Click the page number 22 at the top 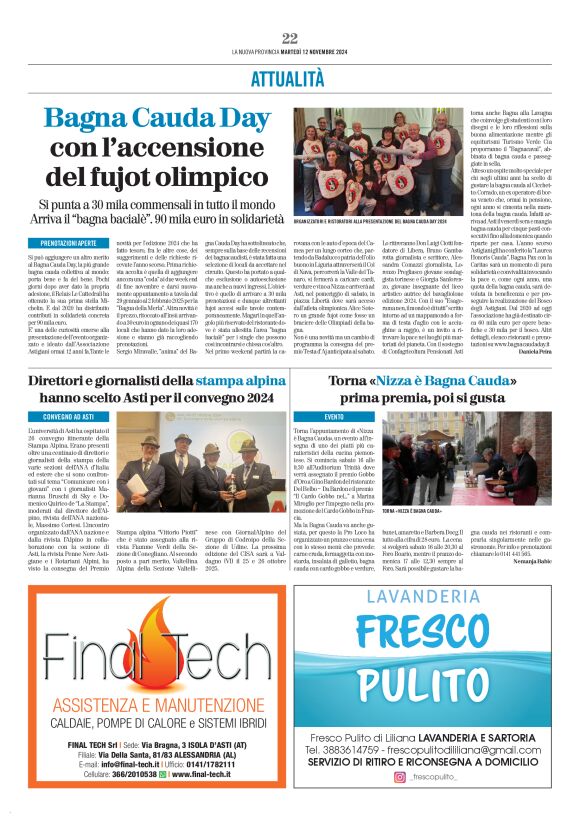[x=290, y=38]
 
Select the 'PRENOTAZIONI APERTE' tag [x=69, y=243]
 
